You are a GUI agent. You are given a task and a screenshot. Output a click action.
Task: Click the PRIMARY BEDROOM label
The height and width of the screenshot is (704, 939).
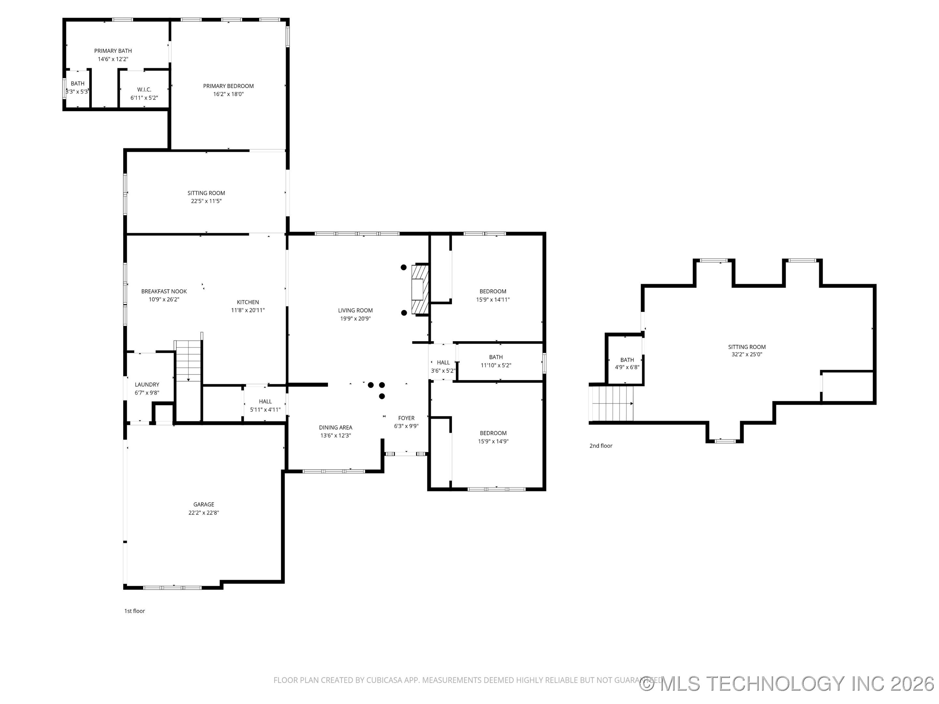pyautogui.click(x=228, y=86)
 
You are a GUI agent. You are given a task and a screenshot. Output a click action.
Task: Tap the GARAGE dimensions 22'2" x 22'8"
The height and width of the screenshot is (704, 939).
pyautogui.click(x=204, y=513)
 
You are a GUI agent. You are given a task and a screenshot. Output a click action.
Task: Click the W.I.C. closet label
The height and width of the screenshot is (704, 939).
pyautogui.click(x=144, y=90)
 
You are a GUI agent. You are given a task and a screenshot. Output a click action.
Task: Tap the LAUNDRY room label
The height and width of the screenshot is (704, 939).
pyautogui.click(x=147, y=385)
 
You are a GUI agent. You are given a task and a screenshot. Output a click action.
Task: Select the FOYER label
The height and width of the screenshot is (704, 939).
pyautogui.click(x=406, y=418)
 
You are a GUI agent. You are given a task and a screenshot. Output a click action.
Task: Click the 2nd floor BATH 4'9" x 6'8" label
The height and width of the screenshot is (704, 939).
pyautogui.click(x=627, y=360)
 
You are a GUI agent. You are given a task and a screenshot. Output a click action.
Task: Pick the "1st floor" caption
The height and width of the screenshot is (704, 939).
pyautogui.click(x=135, y=611)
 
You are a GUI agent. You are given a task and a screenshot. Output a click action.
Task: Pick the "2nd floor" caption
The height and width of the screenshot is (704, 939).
pyautogui.click(x=601, y=446)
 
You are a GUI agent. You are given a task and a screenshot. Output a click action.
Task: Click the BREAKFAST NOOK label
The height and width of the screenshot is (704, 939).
pyautogui.click(x=164, y=291)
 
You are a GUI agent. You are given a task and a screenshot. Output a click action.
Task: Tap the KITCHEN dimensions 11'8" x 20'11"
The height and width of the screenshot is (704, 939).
pyautogui.click(x=248, y=310)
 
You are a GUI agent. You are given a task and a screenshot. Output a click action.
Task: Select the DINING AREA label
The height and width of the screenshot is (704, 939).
pyautogui.click(x=335, y=427)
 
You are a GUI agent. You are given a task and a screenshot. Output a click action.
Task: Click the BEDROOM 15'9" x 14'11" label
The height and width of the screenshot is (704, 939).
pyautogui.click(x=493, y=291)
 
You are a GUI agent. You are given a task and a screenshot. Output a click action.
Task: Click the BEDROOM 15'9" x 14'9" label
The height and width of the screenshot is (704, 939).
pyautogui.click(x=493, y=433)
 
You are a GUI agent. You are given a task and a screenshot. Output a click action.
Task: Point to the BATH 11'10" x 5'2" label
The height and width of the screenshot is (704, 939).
pyautogui.click(x=496, y=357)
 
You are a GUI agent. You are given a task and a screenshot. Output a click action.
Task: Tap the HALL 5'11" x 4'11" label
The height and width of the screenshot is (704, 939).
pyautogui.click(x=265, y=402)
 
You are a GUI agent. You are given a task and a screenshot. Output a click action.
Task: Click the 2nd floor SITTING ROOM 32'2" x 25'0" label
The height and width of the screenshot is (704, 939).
pyautogui.click(x=747, y=347)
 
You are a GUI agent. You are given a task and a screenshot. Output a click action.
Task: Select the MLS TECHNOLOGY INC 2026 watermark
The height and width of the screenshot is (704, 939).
pyautogui.click(x=787, y=683)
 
